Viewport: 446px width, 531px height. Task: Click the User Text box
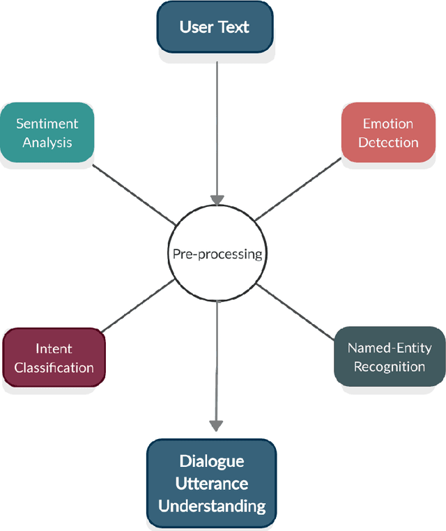click(x=215, y=27)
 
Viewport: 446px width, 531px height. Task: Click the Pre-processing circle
click(x=217, y=254)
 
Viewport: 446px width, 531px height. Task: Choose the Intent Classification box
click(x=54, y=357)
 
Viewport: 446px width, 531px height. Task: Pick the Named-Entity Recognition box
click(x=390, y=357)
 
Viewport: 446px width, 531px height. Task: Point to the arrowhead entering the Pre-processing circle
click(x=217, y=199)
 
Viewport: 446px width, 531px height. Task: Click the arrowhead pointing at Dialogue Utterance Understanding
click(x=217, y=424)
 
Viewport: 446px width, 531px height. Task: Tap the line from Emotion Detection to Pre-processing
click(x=299, y=192)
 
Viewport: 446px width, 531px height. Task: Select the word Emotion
click(x=388, y=124)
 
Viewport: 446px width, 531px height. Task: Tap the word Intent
click(x=54, y=348)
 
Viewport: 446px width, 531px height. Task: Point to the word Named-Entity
click(x=390, y=348)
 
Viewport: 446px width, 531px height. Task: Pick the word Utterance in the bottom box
click(x=213, y=483)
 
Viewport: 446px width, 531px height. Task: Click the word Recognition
click(x=390, y=367)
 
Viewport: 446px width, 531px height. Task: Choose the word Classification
click(x=54, y=367)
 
